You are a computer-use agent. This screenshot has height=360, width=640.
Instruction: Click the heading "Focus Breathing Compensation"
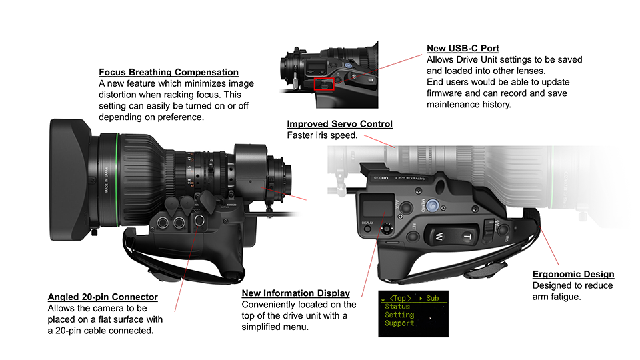coord(168,72)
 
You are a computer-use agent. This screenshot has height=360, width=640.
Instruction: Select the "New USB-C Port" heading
coord(463,49)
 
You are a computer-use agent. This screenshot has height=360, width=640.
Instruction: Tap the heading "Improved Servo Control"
coord(339,124)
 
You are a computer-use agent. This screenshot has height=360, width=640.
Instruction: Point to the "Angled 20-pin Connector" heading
coord(103,297)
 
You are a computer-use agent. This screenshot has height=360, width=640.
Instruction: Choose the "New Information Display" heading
coord(295,293)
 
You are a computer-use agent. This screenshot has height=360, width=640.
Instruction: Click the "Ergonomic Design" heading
coord(573,274)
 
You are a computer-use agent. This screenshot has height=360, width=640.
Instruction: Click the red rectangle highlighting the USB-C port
coord(323,84)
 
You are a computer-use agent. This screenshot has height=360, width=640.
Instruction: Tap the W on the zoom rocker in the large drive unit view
coord(439,235)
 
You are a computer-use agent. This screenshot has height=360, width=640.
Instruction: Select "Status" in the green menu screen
coord(398,307)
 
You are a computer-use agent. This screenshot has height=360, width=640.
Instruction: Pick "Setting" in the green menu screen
coord(399,315)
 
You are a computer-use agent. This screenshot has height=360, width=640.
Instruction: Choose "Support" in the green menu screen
coord(399,323)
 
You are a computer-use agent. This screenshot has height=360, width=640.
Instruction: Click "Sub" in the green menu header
coord(432,298)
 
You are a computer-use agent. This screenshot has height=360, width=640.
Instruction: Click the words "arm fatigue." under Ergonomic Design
coord(557,297)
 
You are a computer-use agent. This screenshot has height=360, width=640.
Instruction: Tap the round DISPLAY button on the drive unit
coord(386,229)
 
